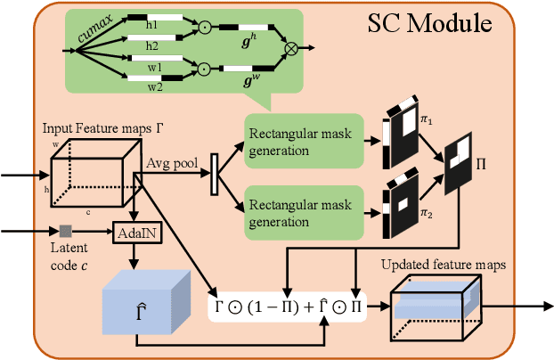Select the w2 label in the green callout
[x=152, y=88]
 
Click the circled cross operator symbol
[x=290, y=42]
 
